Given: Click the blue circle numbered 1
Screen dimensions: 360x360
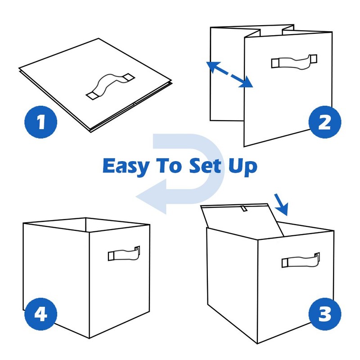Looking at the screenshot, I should click(x=41, y=122).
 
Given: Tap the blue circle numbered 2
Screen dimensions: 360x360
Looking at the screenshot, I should click(x=324, y=122).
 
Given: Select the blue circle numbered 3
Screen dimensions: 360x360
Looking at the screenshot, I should click(x=324, y=314).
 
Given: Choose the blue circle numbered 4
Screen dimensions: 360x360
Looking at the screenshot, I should click(x=41, y=314).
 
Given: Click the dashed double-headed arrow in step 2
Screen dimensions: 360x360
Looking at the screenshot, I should click(x=229, y=75).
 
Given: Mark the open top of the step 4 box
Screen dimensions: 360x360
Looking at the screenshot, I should click(x=85, y=225).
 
